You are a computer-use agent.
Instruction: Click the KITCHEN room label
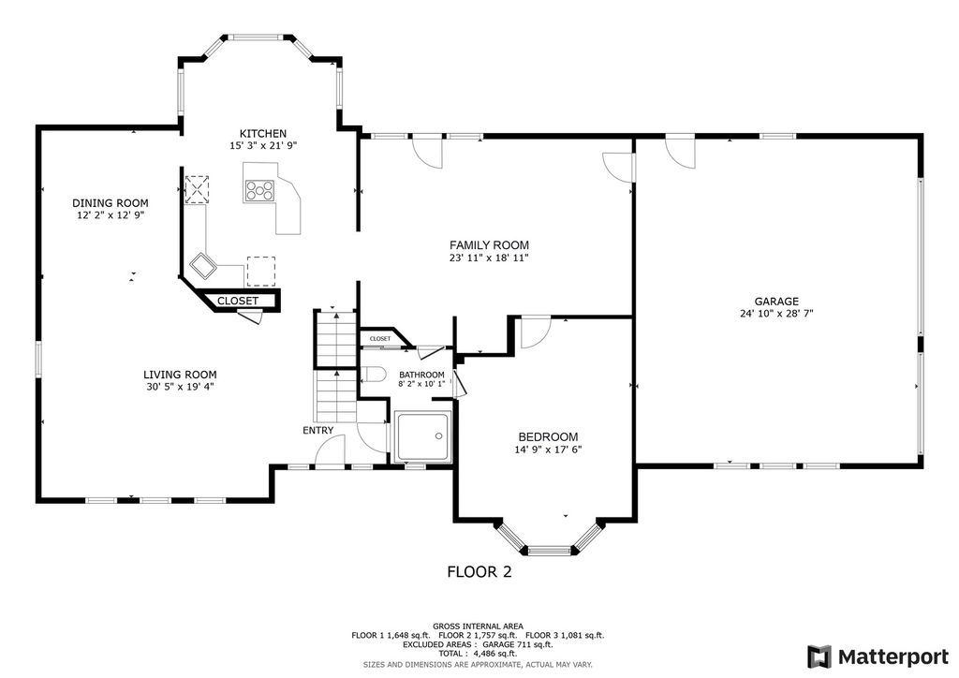click(x=263, y=133)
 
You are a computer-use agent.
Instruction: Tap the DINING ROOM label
click(x=111, y=203)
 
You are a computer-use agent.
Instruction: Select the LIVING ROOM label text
click(x=180, y=375)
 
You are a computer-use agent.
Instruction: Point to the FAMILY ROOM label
click(x=489, y=245)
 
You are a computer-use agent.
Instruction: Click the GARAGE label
click(x=776, y=302)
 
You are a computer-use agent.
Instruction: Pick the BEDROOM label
click(x=548, y=437)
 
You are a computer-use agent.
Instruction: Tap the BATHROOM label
click(x=422, y=375)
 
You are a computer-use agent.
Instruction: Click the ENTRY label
click(x=318, y=431)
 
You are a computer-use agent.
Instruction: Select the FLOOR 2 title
click(x=479, y=572)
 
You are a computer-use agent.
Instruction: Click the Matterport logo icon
click(x=819, y=657)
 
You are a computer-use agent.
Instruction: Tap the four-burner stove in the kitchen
click(x=259, y=191)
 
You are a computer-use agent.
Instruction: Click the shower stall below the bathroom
click(x=423, y=436)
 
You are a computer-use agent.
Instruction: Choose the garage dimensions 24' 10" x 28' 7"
click(x=776, y=314)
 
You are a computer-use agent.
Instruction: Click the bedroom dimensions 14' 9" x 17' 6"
click(x=548, y=450)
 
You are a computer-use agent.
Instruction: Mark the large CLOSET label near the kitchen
click(x=238, y=301)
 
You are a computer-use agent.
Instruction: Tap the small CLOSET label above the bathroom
click(x=380, y=339)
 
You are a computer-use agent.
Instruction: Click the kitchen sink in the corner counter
click(x=202, y=265)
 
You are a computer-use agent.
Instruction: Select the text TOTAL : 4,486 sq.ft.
click(x=478, y=654)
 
